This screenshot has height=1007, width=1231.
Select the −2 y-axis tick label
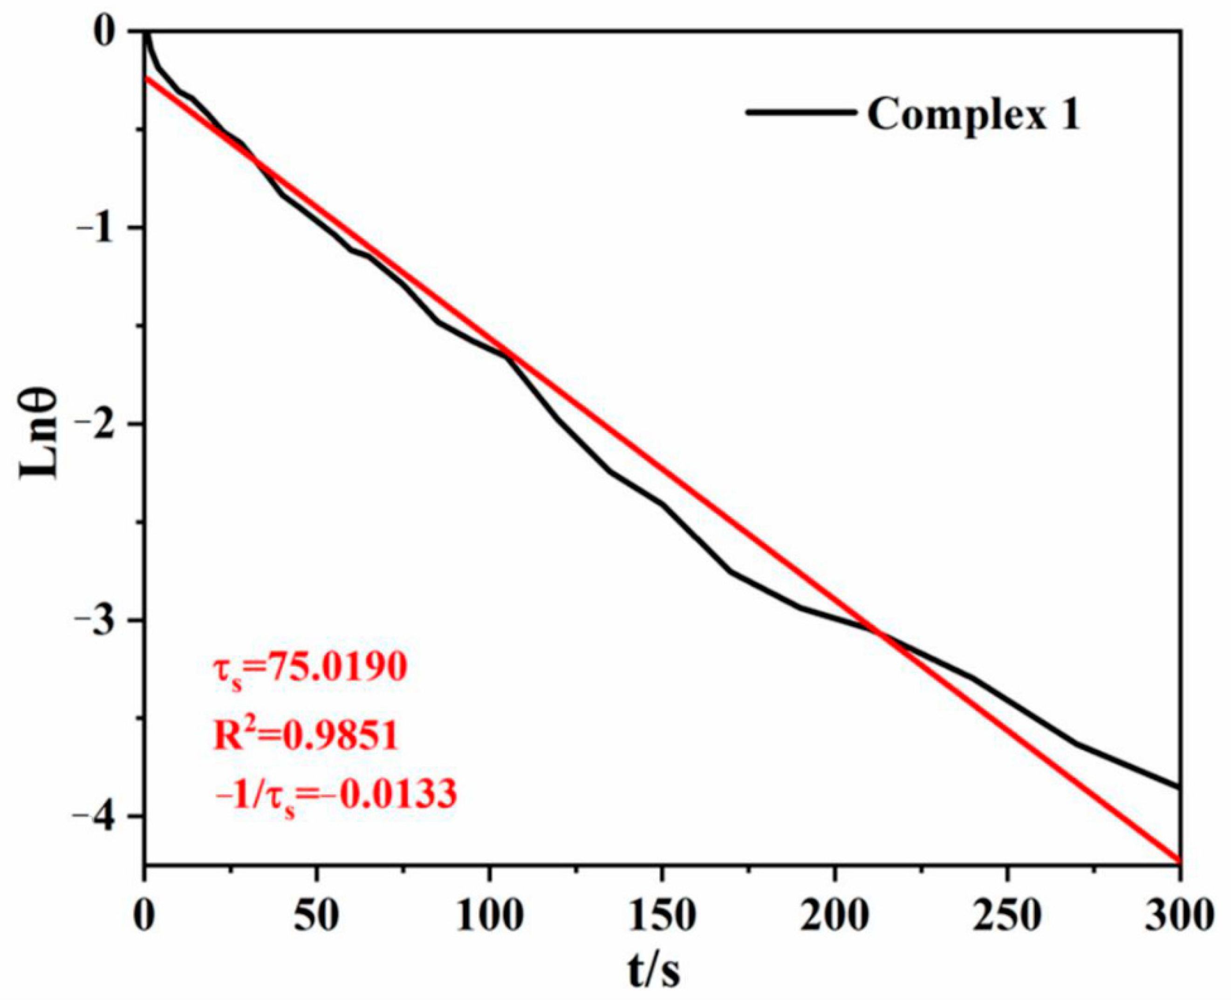pyautogui.click(x=102, y=424)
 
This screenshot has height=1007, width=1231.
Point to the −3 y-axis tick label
pyautogui.click(x=102, y=620)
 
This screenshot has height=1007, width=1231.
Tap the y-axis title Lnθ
pyautogui.click(x=40, y=434)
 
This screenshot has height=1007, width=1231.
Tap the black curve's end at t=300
pyautogui.click(x=1178, y=787)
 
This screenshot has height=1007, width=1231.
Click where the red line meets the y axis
pyautogui.click(x=144, y=77)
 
